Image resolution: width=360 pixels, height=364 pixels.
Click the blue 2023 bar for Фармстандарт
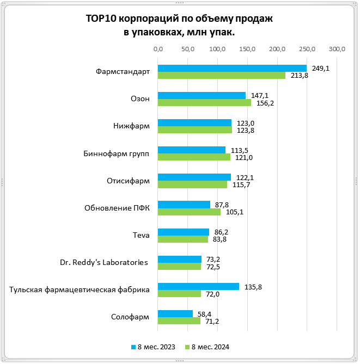(232, 68)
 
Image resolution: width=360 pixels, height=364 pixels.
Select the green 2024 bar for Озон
(204, 102)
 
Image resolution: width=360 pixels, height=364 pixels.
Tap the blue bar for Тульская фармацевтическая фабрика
(198, 286)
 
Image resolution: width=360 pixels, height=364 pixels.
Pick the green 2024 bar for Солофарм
(179, 320)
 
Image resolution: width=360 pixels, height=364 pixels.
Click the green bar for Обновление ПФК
(189, 212)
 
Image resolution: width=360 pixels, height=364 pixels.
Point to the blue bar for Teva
(184, 232)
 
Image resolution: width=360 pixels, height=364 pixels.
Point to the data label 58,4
(204, 313)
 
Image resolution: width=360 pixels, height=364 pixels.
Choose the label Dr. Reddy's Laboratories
(104, 262)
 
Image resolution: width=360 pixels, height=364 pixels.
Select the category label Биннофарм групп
(119, 153)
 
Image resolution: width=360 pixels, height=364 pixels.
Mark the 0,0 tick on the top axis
(158, 50)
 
